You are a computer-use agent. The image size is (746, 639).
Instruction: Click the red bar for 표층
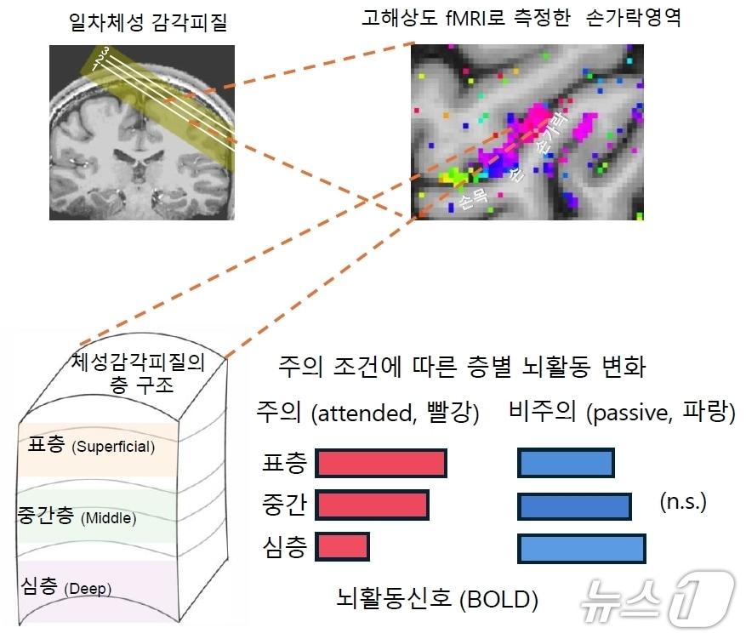pos(381,463)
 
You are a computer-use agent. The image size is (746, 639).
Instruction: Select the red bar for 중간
pos(372,505)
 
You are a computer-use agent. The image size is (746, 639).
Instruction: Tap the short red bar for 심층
pos(342,545)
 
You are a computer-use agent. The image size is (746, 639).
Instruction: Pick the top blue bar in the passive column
pos(566,463)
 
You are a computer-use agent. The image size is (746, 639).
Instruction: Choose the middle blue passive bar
pos(574,505)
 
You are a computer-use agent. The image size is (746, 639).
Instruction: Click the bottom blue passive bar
pos(581,548)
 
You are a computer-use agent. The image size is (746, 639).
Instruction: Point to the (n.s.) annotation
pos(683,502)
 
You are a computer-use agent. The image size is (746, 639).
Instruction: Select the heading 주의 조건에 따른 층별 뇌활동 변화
pos(462,368)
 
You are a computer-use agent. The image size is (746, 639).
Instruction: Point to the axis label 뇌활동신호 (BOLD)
pos(437,600)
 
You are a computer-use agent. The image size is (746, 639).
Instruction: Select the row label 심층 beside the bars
pos(285,545)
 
